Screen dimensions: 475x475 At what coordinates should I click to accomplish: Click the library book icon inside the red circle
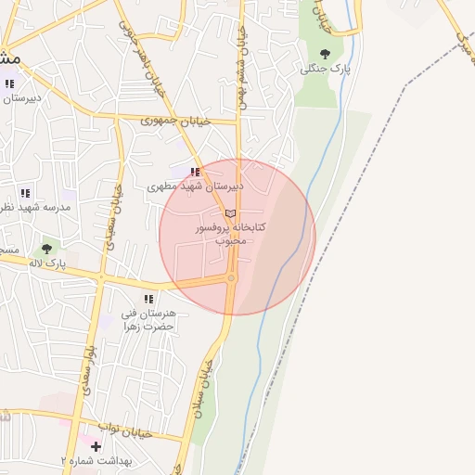[230, 213]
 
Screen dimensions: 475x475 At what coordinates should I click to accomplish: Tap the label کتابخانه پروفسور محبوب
[230, 233]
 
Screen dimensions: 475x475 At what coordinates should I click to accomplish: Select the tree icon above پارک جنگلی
[324, 54]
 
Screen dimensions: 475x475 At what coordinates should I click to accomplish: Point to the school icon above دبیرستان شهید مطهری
[195, 172]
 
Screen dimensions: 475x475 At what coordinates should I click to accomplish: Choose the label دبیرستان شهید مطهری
[195, 186]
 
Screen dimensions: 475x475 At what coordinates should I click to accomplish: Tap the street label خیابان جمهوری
[176, 121]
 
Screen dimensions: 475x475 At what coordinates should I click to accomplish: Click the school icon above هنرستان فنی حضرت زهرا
[148, 299]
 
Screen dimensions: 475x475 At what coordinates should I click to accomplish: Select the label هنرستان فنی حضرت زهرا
[149, 320]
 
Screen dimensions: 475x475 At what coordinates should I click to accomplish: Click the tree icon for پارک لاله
[45, 249]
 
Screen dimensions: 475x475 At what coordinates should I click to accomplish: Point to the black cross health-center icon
[96, 446]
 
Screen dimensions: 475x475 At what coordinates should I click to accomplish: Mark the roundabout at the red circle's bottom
[231, 278]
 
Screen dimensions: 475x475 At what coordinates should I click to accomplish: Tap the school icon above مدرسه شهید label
[26, 194]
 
